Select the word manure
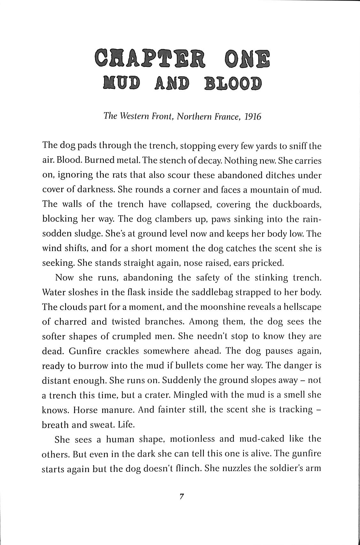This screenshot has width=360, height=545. pyautogui.click(x=120, y=410)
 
